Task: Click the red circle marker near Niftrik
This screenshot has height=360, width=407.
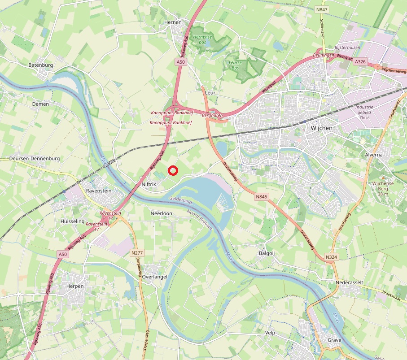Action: (x=173, y=170)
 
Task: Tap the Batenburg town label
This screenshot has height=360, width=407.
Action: (x=41, y=65)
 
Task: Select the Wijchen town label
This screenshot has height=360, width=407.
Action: (x=321, y=128)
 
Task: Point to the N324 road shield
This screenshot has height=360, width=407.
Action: (x=331, y=257)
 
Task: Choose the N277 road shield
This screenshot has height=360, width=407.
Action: (x=137, y=253)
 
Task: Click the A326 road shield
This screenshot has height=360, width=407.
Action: (x=360, y=61)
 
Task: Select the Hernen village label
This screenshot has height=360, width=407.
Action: (x=173, y=22)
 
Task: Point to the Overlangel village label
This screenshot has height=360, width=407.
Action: (x=154, y=277)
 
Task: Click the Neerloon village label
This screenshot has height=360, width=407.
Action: (x=162, y=213)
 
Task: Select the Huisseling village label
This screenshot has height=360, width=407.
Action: (x=72, y=221)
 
